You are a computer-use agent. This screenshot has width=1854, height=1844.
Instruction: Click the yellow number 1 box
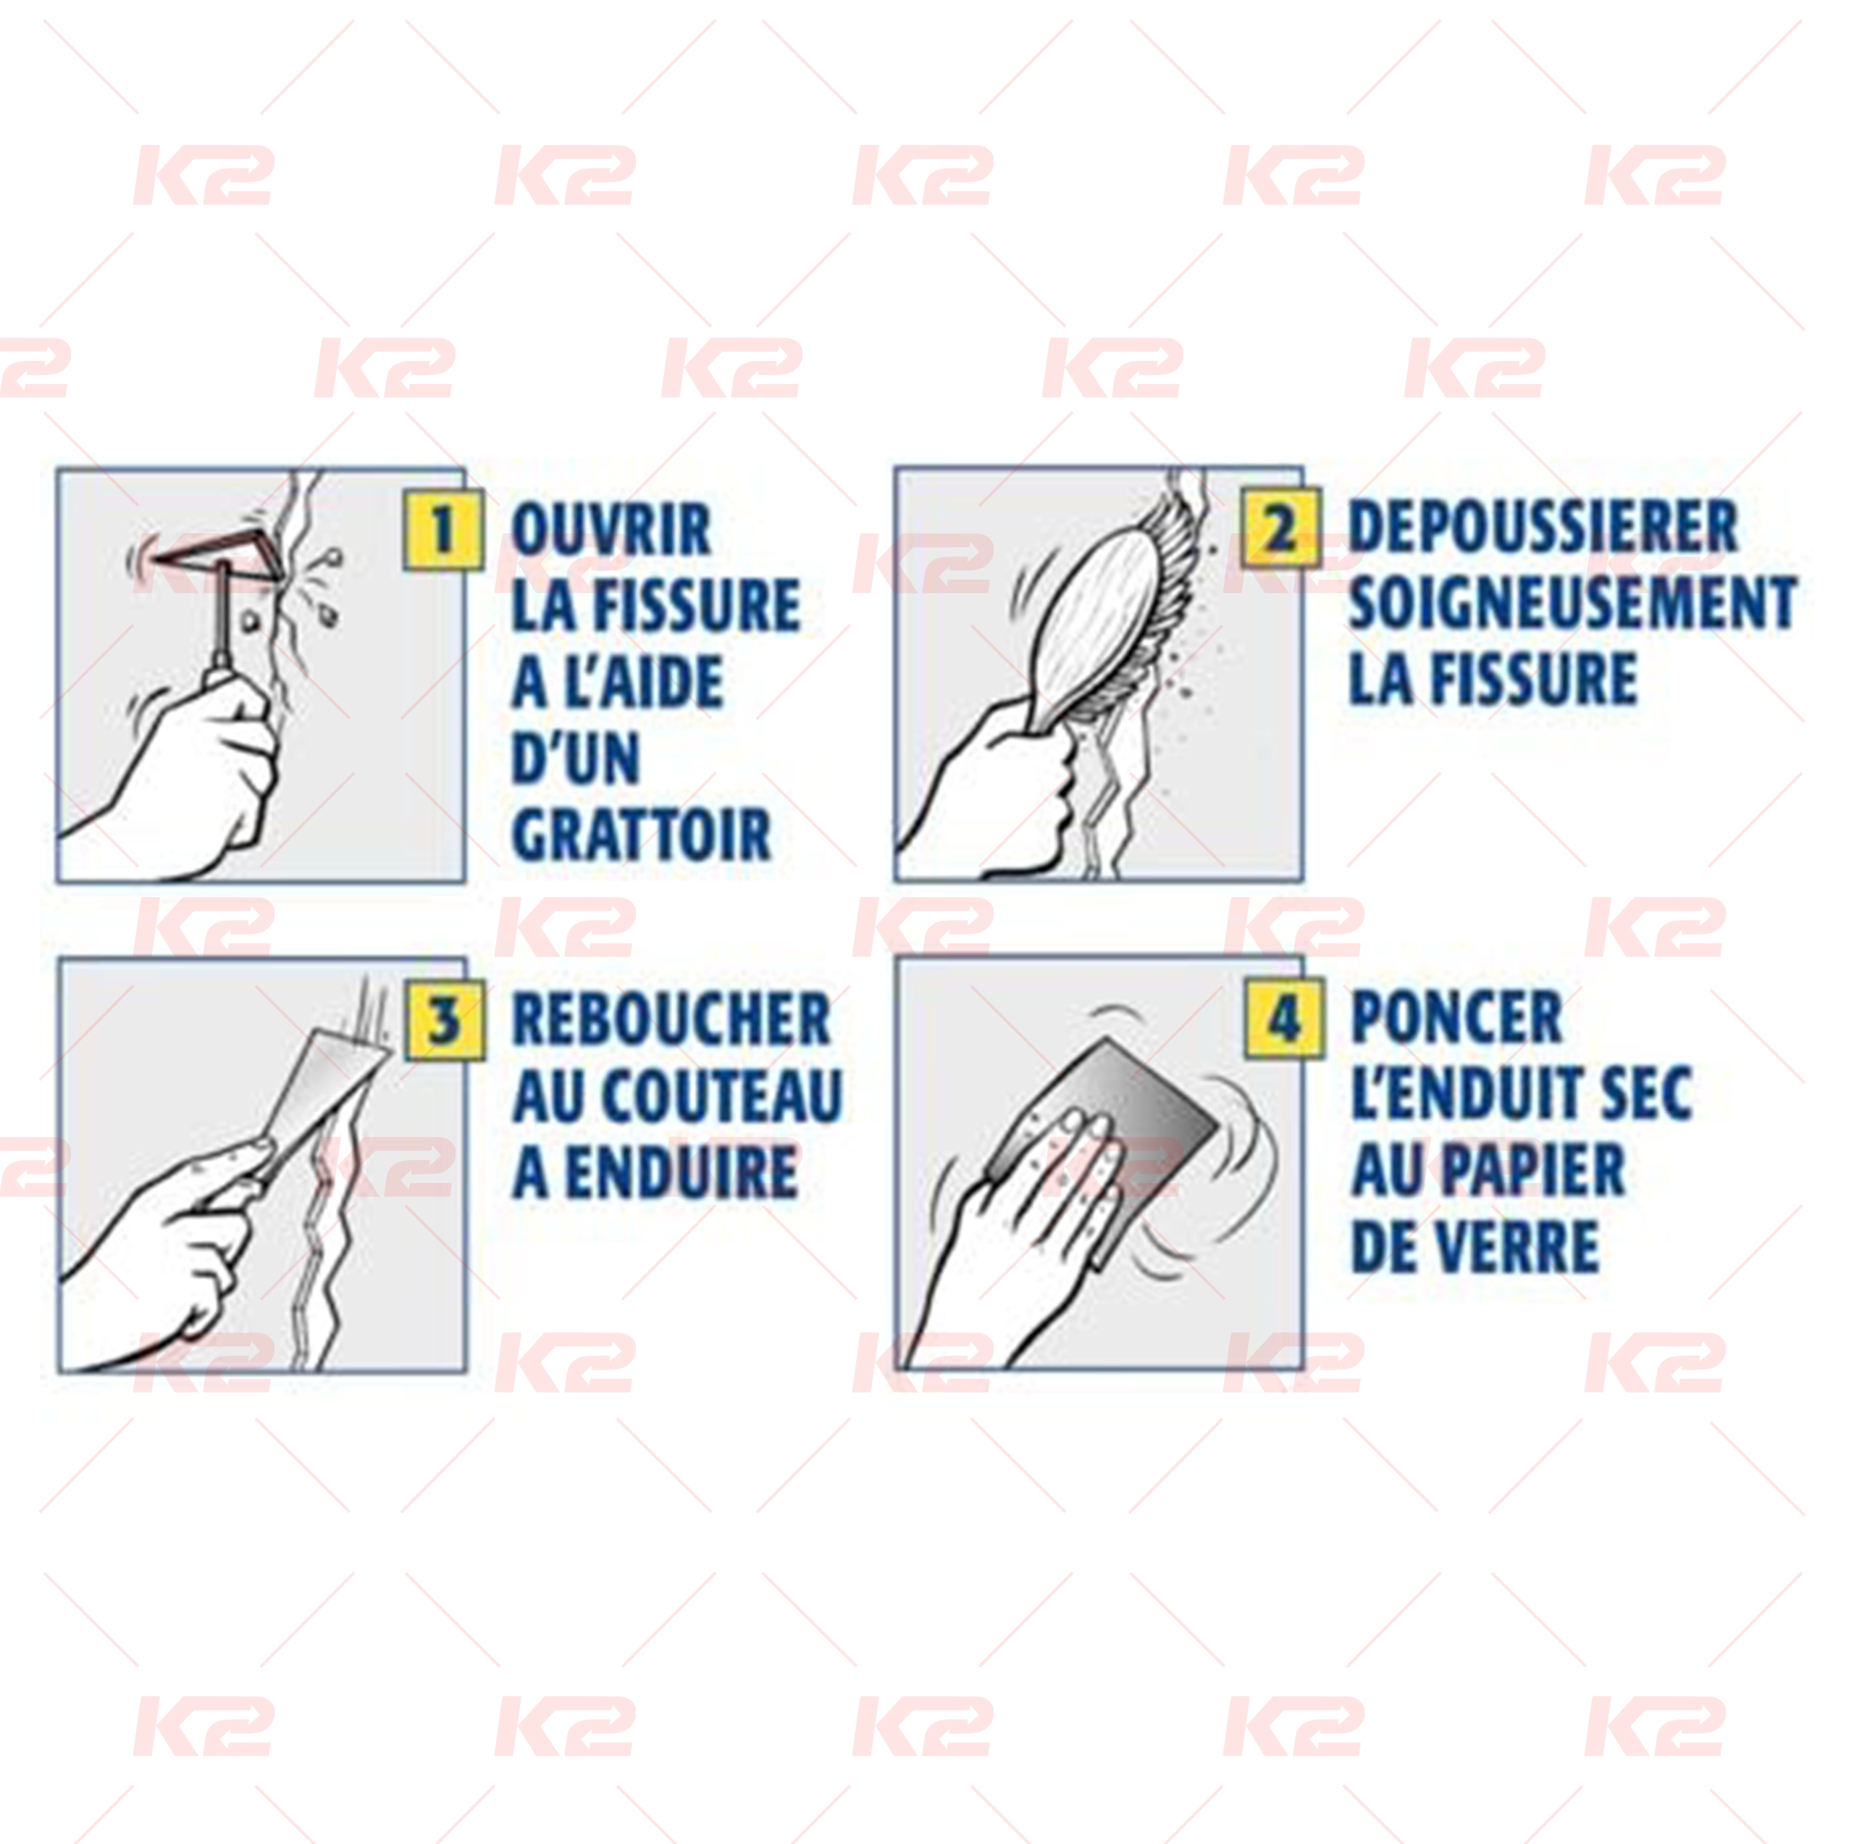tap(442, 529)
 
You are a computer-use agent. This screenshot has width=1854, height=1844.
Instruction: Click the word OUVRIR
tap(611, 529)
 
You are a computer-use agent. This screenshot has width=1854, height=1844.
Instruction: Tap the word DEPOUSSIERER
tap(1543, 526)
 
